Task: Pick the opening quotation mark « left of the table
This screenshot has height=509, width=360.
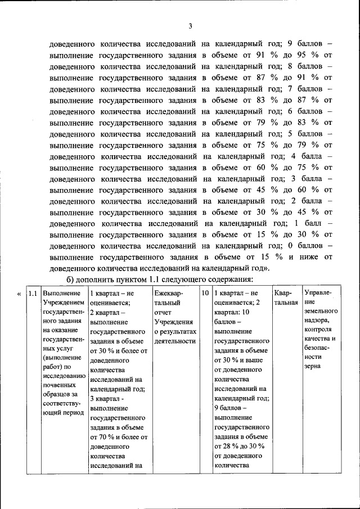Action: pyautogui.click(x=20, y=294)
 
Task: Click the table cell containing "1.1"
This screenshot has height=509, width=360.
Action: pyautogui.click(x=33, y=294)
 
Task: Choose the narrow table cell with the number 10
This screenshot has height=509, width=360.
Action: pyautogui.click(x=205, y=294)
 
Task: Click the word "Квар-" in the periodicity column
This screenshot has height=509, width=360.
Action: pyautogui.click(x=282, y=294)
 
